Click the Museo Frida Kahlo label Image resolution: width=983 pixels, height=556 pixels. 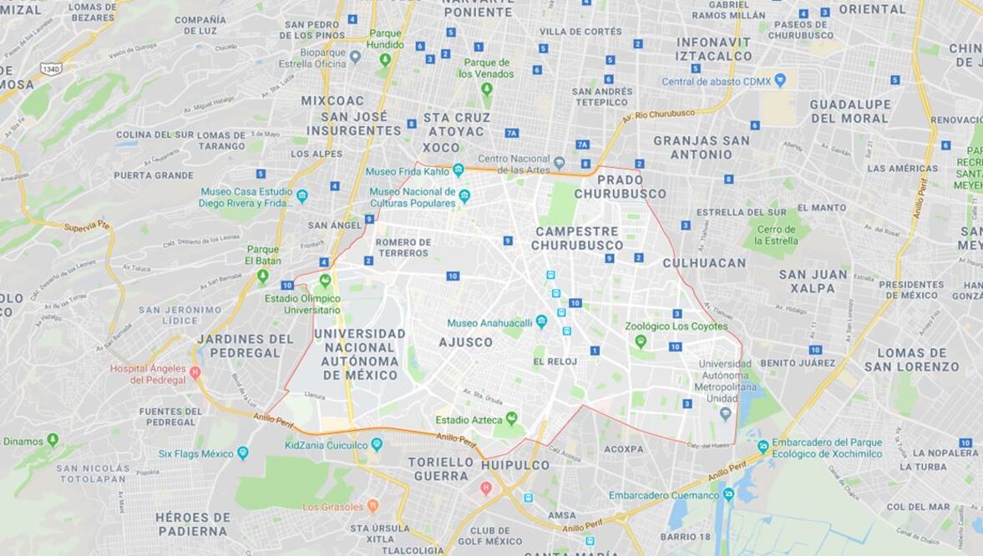click(x=408, y=172)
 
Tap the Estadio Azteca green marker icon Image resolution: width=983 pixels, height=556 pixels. click(x=511, y=418)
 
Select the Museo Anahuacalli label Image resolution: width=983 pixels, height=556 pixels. click(x=490, y=323)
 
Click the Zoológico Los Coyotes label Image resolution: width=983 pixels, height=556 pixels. click(x=676, y=326)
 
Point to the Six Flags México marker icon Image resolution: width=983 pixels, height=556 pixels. click(x=242, y=453)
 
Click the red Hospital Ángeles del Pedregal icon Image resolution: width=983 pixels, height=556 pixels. click(x=195, y=372)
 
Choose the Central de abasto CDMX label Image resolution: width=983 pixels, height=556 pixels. click(x=716, y=81)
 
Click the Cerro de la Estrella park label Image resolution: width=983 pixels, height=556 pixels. click(x=776, y=235)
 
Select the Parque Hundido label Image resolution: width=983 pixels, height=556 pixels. click(x=385, y=38)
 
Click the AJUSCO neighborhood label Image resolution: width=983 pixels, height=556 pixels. click(x=465, y=342)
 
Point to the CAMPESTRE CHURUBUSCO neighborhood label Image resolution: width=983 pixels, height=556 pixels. click(x=577, y=238)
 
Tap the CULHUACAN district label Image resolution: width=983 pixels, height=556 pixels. click(x=703, y=263)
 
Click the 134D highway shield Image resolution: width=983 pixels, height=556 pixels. click(x=51, y=68)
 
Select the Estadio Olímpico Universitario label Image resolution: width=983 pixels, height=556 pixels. click(x=301, y=304)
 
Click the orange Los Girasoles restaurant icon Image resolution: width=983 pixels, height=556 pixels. click(x=372, y=506)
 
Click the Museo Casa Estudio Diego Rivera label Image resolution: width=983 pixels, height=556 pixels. click(x=246, y=197)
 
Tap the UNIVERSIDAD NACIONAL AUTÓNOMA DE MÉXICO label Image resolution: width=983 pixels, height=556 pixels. click(x=359, y=354)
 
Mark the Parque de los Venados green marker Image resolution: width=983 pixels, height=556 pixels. click(x=486, y=88)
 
